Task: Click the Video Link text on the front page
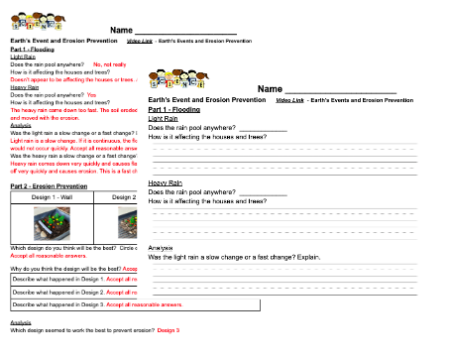pyautogui.click(x=289, y=100)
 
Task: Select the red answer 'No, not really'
pyautogui.click(x=109, y=63)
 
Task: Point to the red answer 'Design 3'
pyautogui.click(x=169, y=329)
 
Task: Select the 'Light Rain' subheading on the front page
pyautogui.click(x=166, y=118)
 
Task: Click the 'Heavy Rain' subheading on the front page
pyautogui.click(x=168, y=182)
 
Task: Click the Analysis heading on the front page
pyautogui.click(x=161, y=246)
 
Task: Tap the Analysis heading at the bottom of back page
pyautogui.click(x=21, y=322)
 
